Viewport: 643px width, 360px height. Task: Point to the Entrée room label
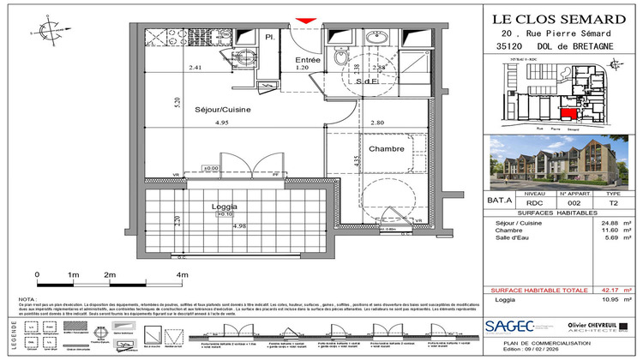pyautogui.click(x=307, y=60)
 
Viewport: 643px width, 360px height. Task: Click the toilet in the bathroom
pyautogui.click(x=341, y=57)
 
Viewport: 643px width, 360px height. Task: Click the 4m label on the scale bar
pyautogui.click(x=181, y=274)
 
